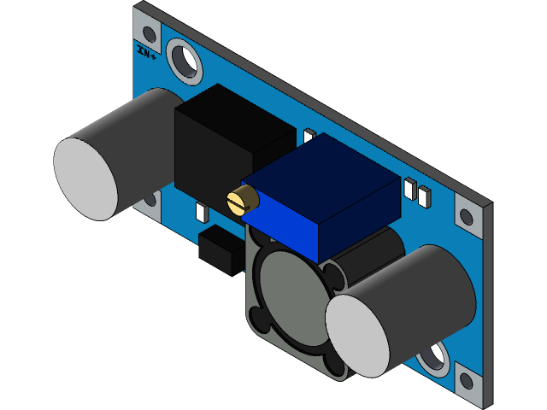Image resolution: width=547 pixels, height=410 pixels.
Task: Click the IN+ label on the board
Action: coord(146,54)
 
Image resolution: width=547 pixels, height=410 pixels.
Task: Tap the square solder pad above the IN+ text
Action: coord(149,34)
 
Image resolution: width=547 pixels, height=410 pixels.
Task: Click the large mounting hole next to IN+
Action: coord(184,60)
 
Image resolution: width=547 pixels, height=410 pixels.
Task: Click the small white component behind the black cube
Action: coord(309,137)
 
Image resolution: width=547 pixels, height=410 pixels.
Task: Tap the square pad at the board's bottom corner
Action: coord(468,379)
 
